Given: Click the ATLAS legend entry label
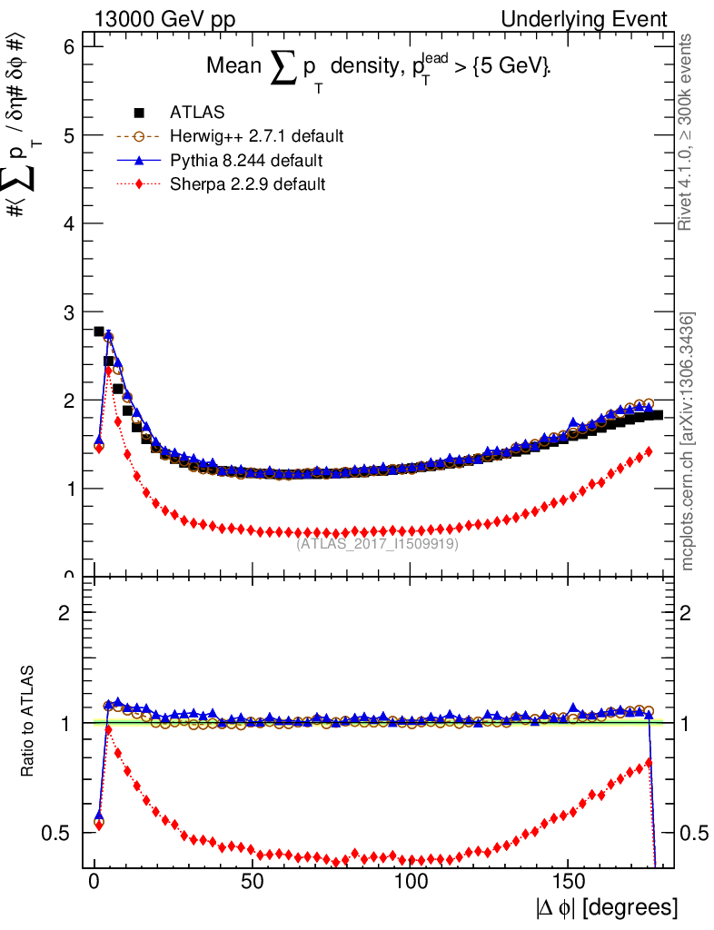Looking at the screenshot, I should pyautogui.click(x=197, y=114).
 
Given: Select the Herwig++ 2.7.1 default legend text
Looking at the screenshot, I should pyautogui.click(x=256, y=137).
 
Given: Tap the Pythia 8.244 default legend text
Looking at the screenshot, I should pyautogui.click(x=246, y=161).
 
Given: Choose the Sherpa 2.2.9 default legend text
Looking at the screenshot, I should pyautogui.click(x=248, y=184).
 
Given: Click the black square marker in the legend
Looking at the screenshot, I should pyautogui.click(x=139, y=114).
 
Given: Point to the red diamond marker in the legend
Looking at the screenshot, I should pyautogui.click(x=139, y=184).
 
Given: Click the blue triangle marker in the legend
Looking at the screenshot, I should pyautogui.click(x=139, y=161).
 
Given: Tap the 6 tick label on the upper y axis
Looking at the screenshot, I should pyautogui.click(x=67, y=47).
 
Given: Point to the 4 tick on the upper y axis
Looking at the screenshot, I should pyautogui.click(x=67, y=223).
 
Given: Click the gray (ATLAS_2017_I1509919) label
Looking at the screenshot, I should pyautogui.click(x=377, y=544).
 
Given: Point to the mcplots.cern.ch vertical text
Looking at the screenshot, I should pyautogui.click(x=688, y=442).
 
